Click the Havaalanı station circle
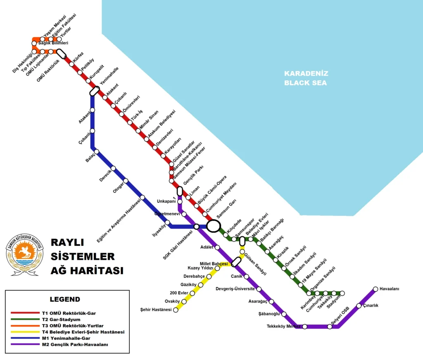(x=375, y=289)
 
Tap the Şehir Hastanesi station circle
(x=176, y=310)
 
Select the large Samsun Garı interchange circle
(x=214, y=226)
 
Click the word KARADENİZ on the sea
(x=306, y=74)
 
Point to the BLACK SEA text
(x=305, y=83)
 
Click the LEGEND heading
(x=65, y=299)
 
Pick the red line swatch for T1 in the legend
(x=25, y=313)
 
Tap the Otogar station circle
(x=126, y=181)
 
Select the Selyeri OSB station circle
(x=330, y=327)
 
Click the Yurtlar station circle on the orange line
(x=59, y=39)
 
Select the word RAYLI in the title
(x=67, y=242)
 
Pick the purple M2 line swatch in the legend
(x=25, y=344)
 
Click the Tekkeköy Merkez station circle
(x=305, y=327)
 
